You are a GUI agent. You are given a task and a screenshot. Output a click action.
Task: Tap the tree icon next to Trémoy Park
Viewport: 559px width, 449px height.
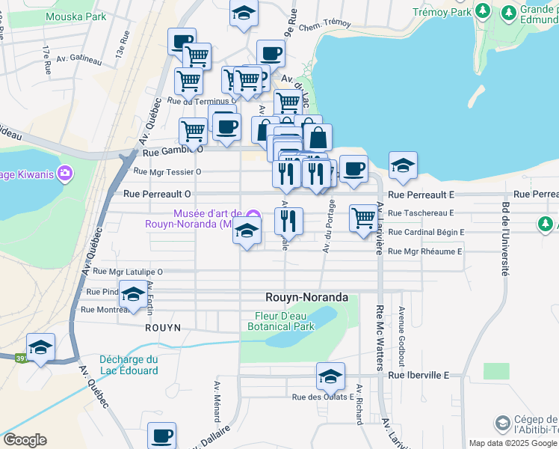coord(483,12)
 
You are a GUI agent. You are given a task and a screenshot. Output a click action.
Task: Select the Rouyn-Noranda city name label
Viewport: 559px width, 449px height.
coord(307,297)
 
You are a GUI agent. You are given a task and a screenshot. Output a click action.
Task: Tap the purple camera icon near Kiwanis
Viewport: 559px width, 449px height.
coord(65,174)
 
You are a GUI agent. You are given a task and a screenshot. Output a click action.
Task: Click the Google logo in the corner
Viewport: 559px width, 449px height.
coord(25,440)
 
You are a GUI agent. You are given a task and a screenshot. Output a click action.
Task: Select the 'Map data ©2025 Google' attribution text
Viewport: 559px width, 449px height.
coord(513,443)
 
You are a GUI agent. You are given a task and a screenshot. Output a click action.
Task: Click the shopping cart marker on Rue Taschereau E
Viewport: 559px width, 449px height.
coord(363,219)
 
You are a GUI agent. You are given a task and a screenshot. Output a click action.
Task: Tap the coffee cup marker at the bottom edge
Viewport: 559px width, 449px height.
coord(161,436)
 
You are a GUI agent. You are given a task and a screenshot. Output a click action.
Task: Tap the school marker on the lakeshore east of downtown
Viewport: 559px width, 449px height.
coord(403,166)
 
